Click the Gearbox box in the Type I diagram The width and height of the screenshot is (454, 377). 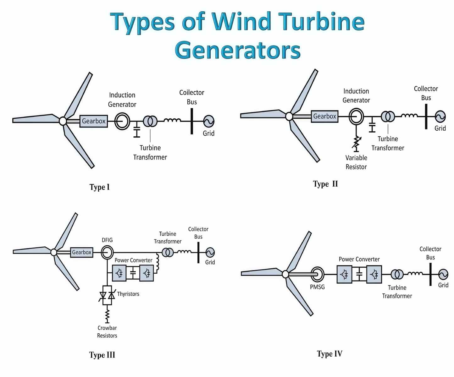coord(93,121)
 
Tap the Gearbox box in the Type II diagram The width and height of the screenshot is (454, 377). coord(324,116)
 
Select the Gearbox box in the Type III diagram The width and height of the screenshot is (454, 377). coord(81,252)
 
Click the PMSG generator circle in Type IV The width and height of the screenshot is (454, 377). coord(317,274)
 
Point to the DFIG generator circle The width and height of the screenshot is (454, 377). coord(107,252)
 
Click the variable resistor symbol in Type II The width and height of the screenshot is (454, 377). coord(357,143)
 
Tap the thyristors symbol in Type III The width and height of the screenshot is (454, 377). coord(107,296)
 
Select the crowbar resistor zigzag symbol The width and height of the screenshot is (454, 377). coord(108,314)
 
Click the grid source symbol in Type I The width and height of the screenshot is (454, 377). coord(208,121)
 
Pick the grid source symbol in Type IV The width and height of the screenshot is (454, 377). coord(443,274)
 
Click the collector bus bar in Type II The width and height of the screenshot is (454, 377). coord(426,116)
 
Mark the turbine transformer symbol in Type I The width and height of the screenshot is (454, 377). coord(150,121)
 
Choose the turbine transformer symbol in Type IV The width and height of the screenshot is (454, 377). coord(397,274)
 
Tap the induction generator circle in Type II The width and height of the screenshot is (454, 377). coord(356,117)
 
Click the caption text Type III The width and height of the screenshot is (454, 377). coord(102,355)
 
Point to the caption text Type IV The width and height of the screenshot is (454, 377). coord(329,354)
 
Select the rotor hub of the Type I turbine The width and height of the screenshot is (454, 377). coord(63,121)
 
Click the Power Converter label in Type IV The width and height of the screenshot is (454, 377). coord(359,259)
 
